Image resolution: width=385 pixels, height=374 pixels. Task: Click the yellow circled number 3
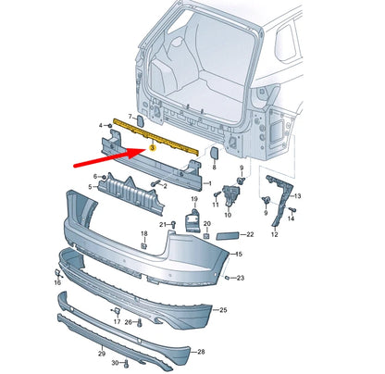coord(151,135)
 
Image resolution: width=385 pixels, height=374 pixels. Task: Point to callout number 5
coord(90,186)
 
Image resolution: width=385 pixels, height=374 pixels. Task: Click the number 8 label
coord(214,168)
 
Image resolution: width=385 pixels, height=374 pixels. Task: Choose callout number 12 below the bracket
coord(274,234)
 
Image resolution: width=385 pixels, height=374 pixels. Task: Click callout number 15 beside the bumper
coord(238,253)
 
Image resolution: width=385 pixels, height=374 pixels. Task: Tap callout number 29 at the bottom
coord(102,353)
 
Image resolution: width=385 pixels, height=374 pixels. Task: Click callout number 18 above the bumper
coord(143,233)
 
